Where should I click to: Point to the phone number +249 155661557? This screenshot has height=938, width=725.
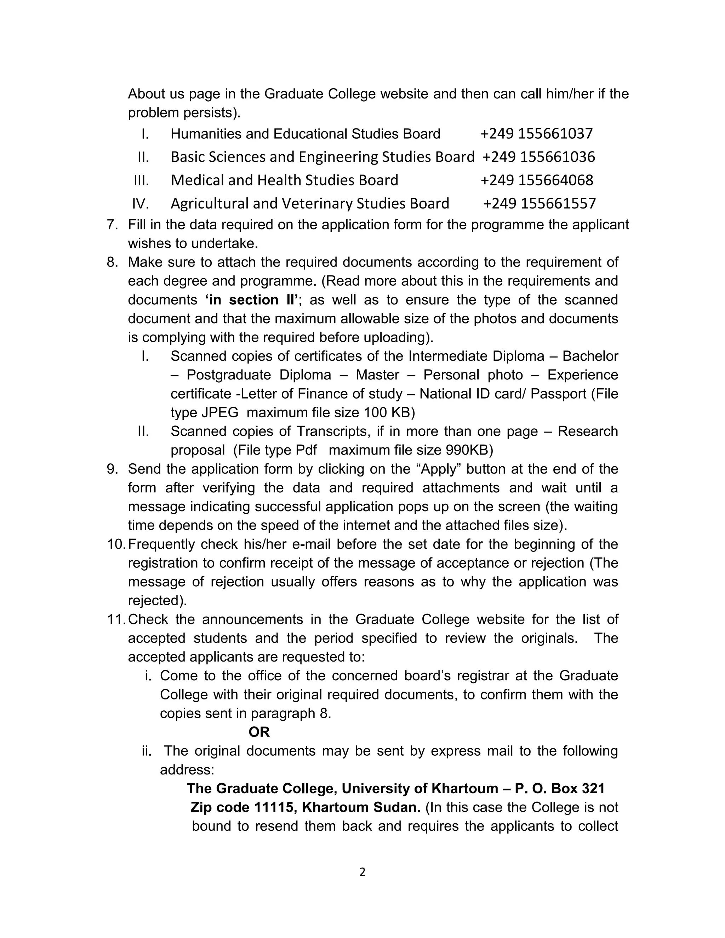click(x=540, y=204)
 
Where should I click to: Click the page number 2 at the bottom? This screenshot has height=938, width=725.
click(x=362, y=872)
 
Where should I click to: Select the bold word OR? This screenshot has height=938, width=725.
click(x=259, y=732)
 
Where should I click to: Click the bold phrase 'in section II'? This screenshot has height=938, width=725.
click(x=251, y=300)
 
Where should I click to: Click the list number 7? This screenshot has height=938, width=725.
click(x=112, y=225)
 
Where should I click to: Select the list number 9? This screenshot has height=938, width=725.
click(x=112, y=469)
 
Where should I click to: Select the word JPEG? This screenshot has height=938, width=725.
click(x=219, y=413)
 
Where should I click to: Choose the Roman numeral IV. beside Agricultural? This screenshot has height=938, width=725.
click(x=141, y=204)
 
